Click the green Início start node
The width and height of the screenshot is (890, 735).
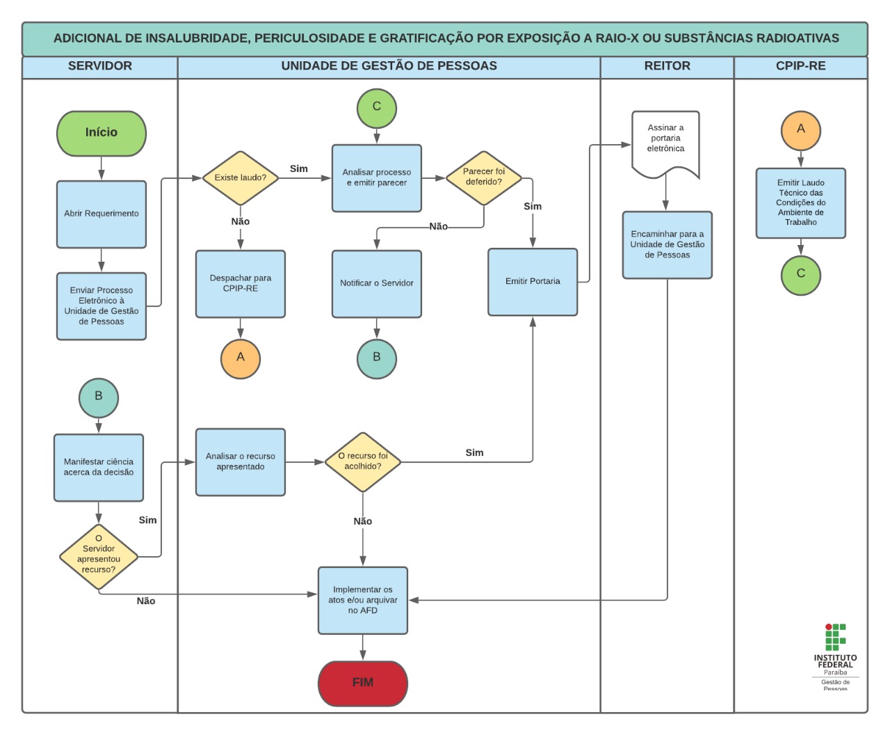pyautogui.click(x=102, y=133)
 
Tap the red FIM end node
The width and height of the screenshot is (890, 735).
pyautogui.click(x=362, y=683)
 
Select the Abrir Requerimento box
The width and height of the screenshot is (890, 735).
pyautogui.click(x=102, y=214)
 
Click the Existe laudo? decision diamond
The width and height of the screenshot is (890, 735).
pyautogui.click(x=240, y=178)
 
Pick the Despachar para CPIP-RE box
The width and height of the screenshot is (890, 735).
pyautogui.click(x=241, y=283)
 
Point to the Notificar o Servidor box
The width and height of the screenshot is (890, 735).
pyautogui.click(x=377, y=283)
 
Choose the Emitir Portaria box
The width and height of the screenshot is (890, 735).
pyautogui.click(x=533, y=282)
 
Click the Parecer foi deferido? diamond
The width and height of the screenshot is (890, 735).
pyautogui.click(x=484, y=177)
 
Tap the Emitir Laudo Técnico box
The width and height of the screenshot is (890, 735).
pyautogui.click(x=801, y=203)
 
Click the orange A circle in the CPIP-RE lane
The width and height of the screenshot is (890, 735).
pyautogui.click(x=801, y=130)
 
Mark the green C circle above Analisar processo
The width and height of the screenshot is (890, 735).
pyautogui.click(x=377, y=108)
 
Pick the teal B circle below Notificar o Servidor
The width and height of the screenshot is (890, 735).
pyautogui.click(x=377, y=358)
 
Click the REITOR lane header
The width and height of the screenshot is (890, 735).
pyautogui.click(x=667, y=66)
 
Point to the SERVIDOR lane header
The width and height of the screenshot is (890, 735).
pyautogui.click(x=100, y=66)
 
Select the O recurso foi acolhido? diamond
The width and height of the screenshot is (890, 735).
pyautogui.click(x=363, y=461)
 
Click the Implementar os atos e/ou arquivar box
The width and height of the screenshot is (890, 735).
pyautogui.click(x=363, y=600)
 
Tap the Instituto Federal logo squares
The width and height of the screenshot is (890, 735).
pyautogui.click(x=835, y=636)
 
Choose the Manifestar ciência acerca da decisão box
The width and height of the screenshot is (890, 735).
pyautogui.click(x=99, y=467)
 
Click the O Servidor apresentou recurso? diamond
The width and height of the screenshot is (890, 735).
pyautogui.click(x=99, y=557)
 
